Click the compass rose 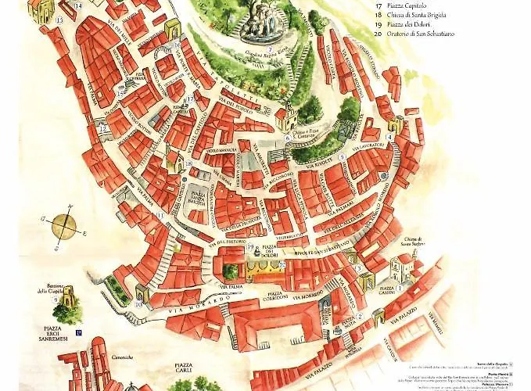click(x=64, y=227)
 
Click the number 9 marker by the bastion click(x=56, y=300)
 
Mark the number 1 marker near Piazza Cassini click(x=399, y=288)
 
